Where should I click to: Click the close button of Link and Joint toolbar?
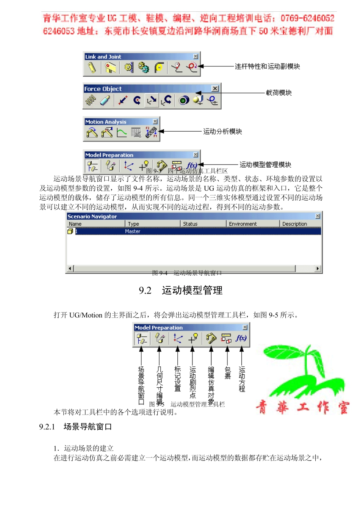pyautogui.click(x=196, y=57)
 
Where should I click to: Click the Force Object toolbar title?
pyautogui.click(x=103, y=89)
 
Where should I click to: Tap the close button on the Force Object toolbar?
pyautogui.click(x=215, y=88)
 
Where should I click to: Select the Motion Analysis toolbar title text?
pyautogui.click(x=106, y=122)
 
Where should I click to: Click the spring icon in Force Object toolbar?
pyautogui.click(x=91, y=100)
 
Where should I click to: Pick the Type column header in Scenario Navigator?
pyautogui.click(x=133, y=224)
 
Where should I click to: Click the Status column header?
pyautogui.click(x=190, y=224)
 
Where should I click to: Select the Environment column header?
pyautogui.click(x=243, y=224)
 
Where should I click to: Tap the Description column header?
pyautogui.click(x=294, y=224)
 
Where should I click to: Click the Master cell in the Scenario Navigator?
pyautogui.click(x=133, y=231)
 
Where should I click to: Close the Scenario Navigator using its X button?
pyautogui.click(x=318, y=216)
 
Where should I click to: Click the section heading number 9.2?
pyautogui.click(x=145, y=291)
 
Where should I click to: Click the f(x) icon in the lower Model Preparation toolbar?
pyautogui.click(x=241, y=338)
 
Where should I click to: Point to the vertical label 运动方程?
pyautogui.click(x=242, y=379)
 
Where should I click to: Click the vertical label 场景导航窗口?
pyautogui.click(x=141, y=385)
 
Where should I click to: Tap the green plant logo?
pyautogui.click(x=299, y=372)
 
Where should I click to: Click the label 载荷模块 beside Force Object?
pyautogui.click(x=279, y=93)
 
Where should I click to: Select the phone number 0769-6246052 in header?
pyautogui.click(x=307, y=18)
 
